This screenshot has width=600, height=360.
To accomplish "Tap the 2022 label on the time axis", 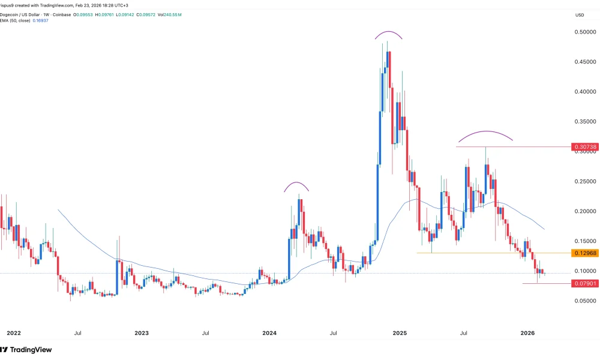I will [x=13, y=332].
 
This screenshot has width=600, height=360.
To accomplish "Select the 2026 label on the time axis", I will [x=527, y=332].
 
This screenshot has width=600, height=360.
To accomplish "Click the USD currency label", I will [x=580, y=15].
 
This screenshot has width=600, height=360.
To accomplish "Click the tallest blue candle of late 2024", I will [x=380, y=138].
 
